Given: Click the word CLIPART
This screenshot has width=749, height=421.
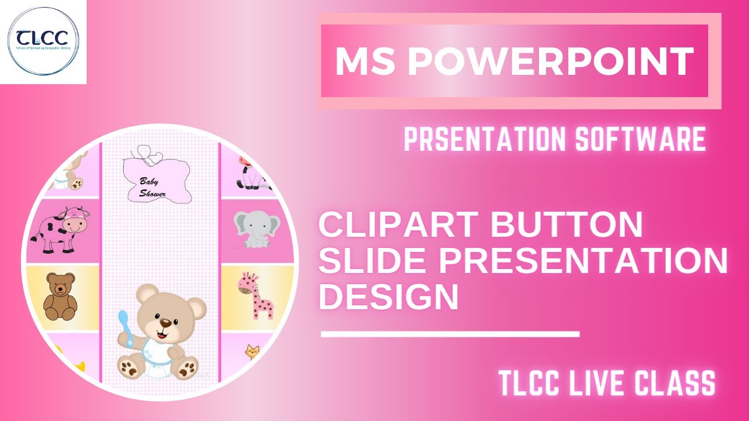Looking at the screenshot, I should click(398, 226).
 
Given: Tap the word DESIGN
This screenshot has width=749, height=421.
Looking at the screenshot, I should click(388, 297).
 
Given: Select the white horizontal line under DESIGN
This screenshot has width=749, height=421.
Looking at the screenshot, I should click(450, 334).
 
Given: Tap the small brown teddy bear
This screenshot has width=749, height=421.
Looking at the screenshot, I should click(60, 296).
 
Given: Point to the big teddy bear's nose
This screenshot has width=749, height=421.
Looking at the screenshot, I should click(166, 323).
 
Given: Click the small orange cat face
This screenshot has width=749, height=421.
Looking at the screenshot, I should click(252, 352).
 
